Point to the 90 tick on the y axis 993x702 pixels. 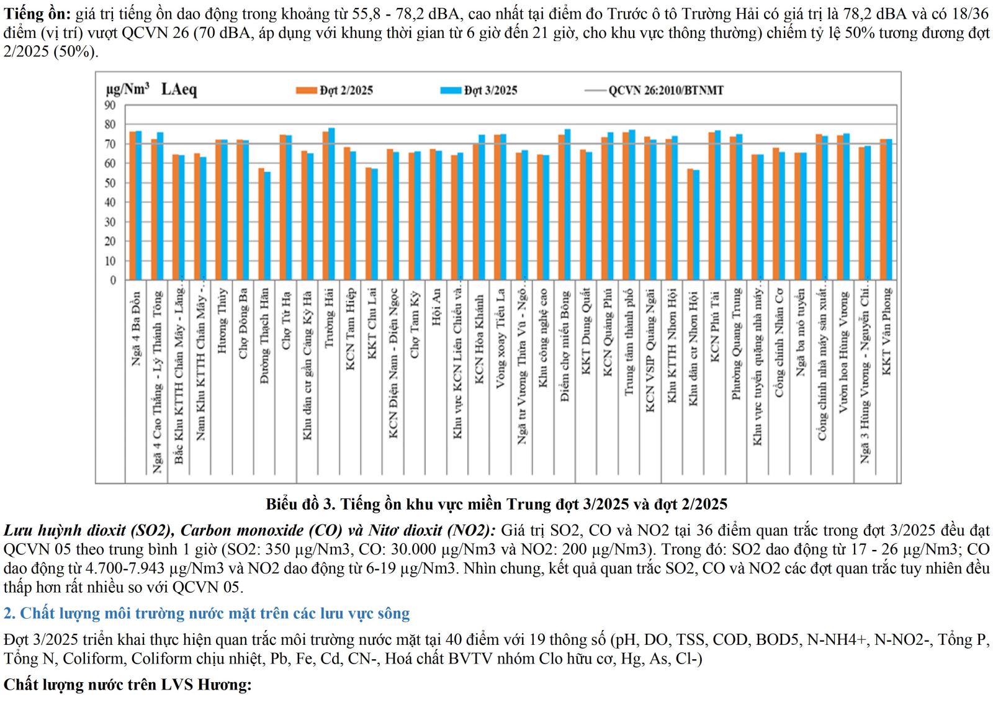tap(110, 106)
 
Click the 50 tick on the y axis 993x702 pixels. tap(110, 183)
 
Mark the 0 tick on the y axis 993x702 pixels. tap(113, 281)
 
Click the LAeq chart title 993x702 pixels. tap(179, 89)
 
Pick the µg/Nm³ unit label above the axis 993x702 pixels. tap(128, 89)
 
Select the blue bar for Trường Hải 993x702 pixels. tap(331, 204)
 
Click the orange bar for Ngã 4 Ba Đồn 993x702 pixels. tap(132, 205)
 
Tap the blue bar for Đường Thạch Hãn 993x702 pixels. tap(267, 226)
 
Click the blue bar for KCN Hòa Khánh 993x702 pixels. tap(482, 207)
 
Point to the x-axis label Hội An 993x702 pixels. tap(436, 307)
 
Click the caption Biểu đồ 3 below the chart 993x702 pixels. tap(496, 504)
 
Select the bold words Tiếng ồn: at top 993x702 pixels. tap(37, 14)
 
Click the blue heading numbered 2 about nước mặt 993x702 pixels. tap(207, 613)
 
